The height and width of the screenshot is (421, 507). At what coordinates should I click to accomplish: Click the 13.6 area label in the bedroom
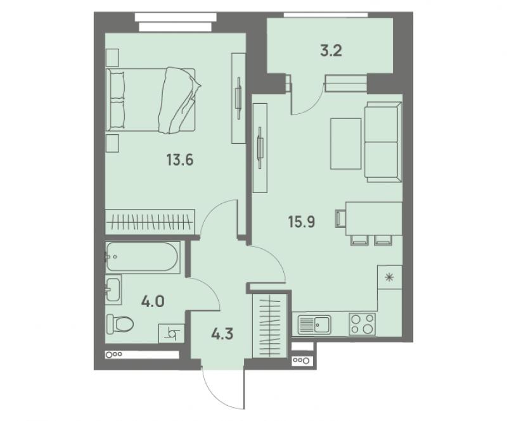180,160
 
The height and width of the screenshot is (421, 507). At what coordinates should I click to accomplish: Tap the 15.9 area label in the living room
302,222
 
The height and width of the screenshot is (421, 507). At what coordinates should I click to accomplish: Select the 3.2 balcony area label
331,51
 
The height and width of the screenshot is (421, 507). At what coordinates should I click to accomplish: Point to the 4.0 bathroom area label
153,301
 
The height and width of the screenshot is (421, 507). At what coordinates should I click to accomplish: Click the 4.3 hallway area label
222,334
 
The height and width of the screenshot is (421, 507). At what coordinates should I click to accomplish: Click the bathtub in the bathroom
142,257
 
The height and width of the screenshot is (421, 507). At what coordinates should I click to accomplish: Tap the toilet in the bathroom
120,324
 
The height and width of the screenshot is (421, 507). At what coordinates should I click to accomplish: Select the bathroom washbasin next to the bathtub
113,289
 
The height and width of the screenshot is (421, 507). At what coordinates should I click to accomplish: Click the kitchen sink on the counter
314,324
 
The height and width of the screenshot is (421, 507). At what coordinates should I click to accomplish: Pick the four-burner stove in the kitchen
362,324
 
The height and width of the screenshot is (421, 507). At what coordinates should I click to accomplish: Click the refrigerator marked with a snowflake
390,277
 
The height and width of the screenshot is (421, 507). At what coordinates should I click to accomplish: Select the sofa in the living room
383,142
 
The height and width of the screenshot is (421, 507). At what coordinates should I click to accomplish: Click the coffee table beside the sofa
345,144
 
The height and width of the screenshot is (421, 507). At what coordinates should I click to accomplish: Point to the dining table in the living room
374,219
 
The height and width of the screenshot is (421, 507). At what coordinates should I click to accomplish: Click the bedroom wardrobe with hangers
150,222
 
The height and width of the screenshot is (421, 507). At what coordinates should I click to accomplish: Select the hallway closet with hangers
270,325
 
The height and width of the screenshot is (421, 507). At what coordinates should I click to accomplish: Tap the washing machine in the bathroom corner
171,334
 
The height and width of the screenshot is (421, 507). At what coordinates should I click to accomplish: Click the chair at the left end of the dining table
340,219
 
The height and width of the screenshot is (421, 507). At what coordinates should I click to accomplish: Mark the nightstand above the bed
113,58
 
